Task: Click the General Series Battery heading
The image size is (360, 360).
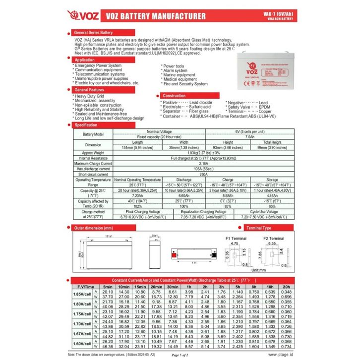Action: point(95,32)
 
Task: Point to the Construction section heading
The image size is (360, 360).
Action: point(174,96)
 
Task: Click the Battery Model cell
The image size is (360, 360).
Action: point(93,134)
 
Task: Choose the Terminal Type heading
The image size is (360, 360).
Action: point(259,228)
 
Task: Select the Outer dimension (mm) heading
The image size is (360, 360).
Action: point(94,228)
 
